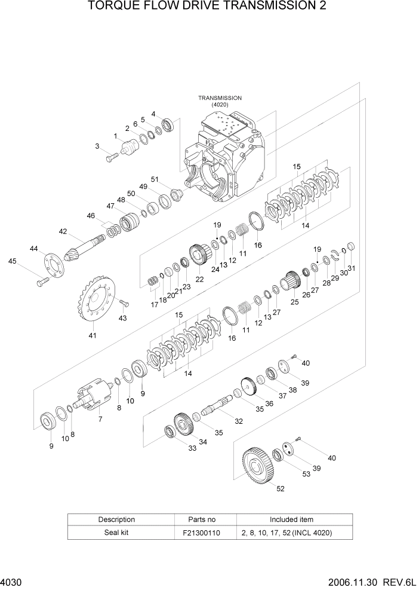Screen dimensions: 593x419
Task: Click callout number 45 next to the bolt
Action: pyautogui.click(x=12, y=261)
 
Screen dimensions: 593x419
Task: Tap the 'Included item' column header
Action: pyautogui.click(x=291, y=519)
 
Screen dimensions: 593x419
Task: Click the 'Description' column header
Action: pyautogui.click(x=116, y=519)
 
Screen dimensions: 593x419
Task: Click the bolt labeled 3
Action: pyautogui.click(x=112, y=158)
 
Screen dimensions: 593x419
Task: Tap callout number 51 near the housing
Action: pyautogui.click(x=155, y=179)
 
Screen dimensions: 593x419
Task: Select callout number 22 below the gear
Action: pyautogui.click(x=199, y=279)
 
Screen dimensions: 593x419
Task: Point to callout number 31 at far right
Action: pyautogui.click(x=352, y=268)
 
